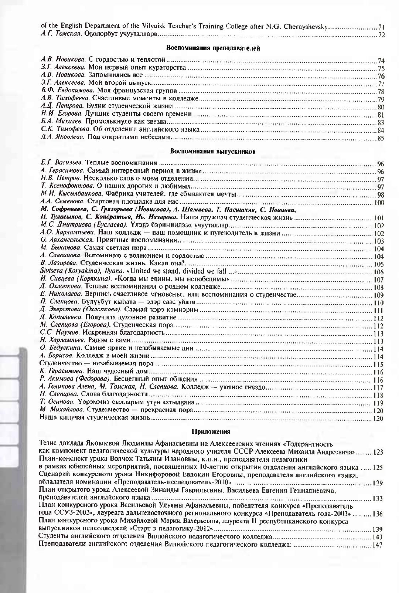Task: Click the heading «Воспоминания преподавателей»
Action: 214,48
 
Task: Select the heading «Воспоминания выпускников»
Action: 212,151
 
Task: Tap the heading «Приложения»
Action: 211,431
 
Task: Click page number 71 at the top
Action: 381,27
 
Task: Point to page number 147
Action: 377,545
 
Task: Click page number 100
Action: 379,203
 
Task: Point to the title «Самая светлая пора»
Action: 115,248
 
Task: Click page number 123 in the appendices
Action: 378,452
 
